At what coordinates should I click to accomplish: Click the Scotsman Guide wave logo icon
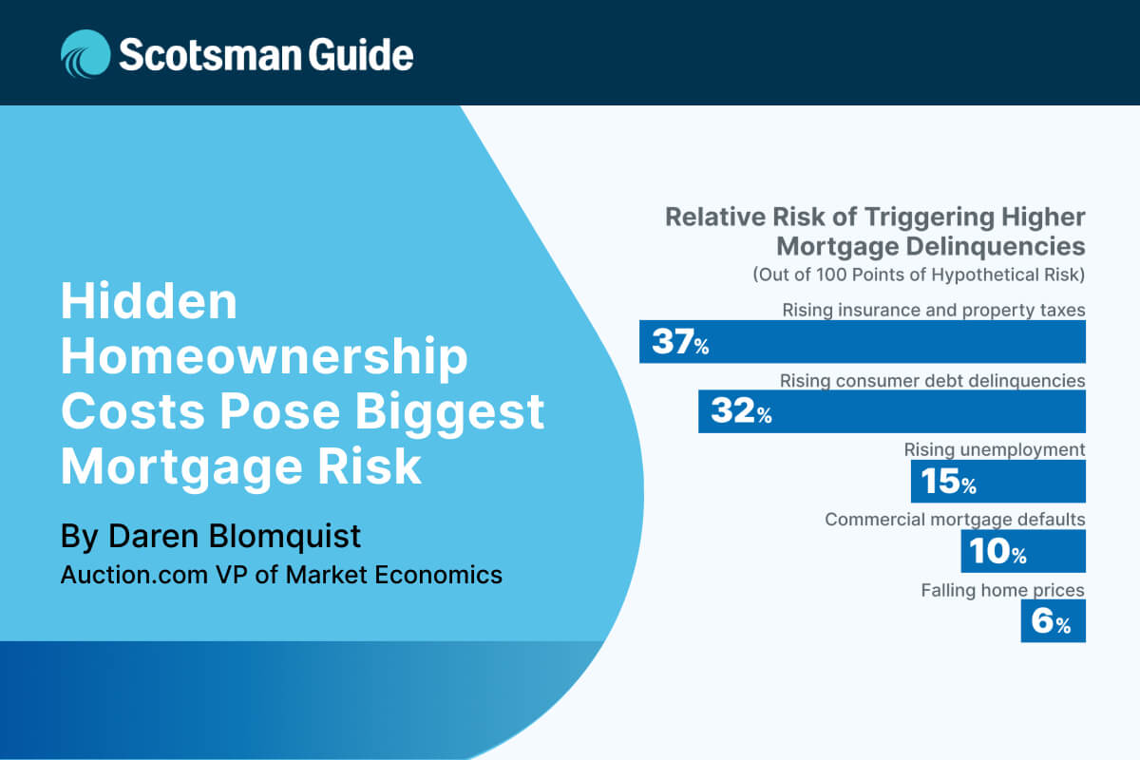click(x=85, y=54)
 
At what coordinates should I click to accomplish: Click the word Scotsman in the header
click(x=211, y=54)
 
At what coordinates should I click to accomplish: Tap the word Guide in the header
click(x=361, y=54)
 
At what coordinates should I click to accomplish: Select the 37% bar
click(x=863, y=342)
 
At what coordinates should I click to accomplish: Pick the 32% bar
click(x=892, y=411)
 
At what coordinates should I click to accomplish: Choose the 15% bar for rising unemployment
click(x=998, y=481)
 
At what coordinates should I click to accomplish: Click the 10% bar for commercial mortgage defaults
click(x=1023, y=551)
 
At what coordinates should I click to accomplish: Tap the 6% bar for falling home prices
click(x=1053, y=620)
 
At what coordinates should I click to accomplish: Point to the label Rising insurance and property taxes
click(x=933, y=310)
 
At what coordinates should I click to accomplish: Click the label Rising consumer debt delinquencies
click(x=932, y=381)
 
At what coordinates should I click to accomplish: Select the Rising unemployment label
click(x=995, y=450)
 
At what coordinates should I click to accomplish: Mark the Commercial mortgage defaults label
click(x=955, y=520)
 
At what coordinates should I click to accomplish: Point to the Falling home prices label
click(x=1002, y=590)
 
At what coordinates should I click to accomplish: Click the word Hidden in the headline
click(x=148, y=301)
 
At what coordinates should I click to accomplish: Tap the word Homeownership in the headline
click(x=264, y=358)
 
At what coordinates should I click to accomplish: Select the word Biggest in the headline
click(x=449, y=413)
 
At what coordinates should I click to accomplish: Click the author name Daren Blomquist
click(x=235, y=537)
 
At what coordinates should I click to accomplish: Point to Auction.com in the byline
click(x=134, y=575)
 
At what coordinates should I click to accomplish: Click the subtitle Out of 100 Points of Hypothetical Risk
click(x=919, y=275)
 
